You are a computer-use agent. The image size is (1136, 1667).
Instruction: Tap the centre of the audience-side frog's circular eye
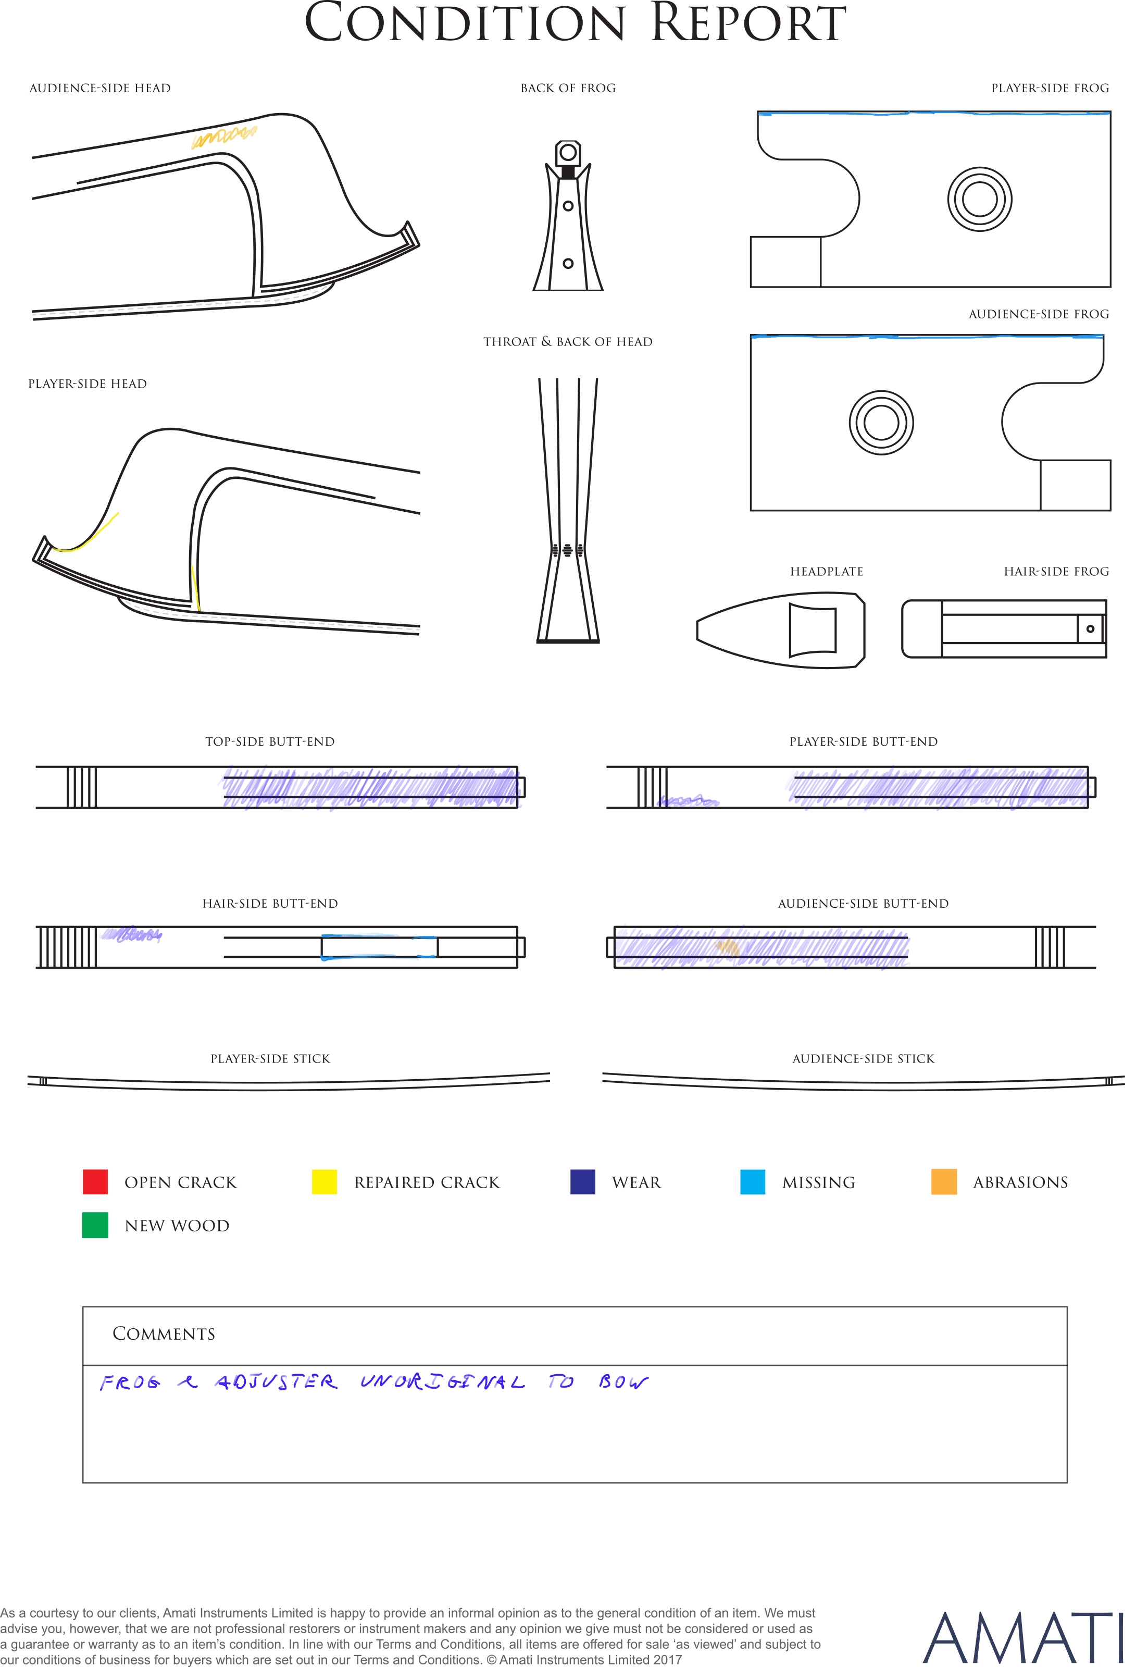pyautogui.click(x=881, y=423)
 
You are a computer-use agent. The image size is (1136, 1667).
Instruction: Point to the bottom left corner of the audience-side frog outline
pyautogui.click(x=751, y=510)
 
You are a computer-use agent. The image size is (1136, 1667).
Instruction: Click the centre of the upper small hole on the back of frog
pyautogui.click(x=568, y=206)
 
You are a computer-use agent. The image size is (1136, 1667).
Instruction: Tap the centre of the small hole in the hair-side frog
pyautogui.click(x=1090, y=629)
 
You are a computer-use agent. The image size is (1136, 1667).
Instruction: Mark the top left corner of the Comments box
pyautogui.click(x=83, y=1307)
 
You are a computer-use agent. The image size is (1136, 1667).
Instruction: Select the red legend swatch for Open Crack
pyautogui.click(x=95, y=1181)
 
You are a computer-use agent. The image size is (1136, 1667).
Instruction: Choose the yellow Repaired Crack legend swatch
pyautogui.click(x=324, y=1181)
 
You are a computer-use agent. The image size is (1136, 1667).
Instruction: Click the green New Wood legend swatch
pyautogui.click(x=95, y=1225)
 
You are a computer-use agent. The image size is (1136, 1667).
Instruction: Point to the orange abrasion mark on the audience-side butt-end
pyautogui.click(x=727, y=947)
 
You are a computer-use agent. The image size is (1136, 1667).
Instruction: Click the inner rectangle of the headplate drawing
pyautogui.click(x=813, y=630)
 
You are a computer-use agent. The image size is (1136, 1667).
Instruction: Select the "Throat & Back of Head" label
pyautogui.click(x=568, y=341)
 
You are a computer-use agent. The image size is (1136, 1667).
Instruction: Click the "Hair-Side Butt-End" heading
pyautogui.click(x=270, y=904)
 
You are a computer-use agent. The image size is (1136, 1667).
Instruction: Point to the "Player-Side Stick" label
pyautogui.click(x=270, y=1059)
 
